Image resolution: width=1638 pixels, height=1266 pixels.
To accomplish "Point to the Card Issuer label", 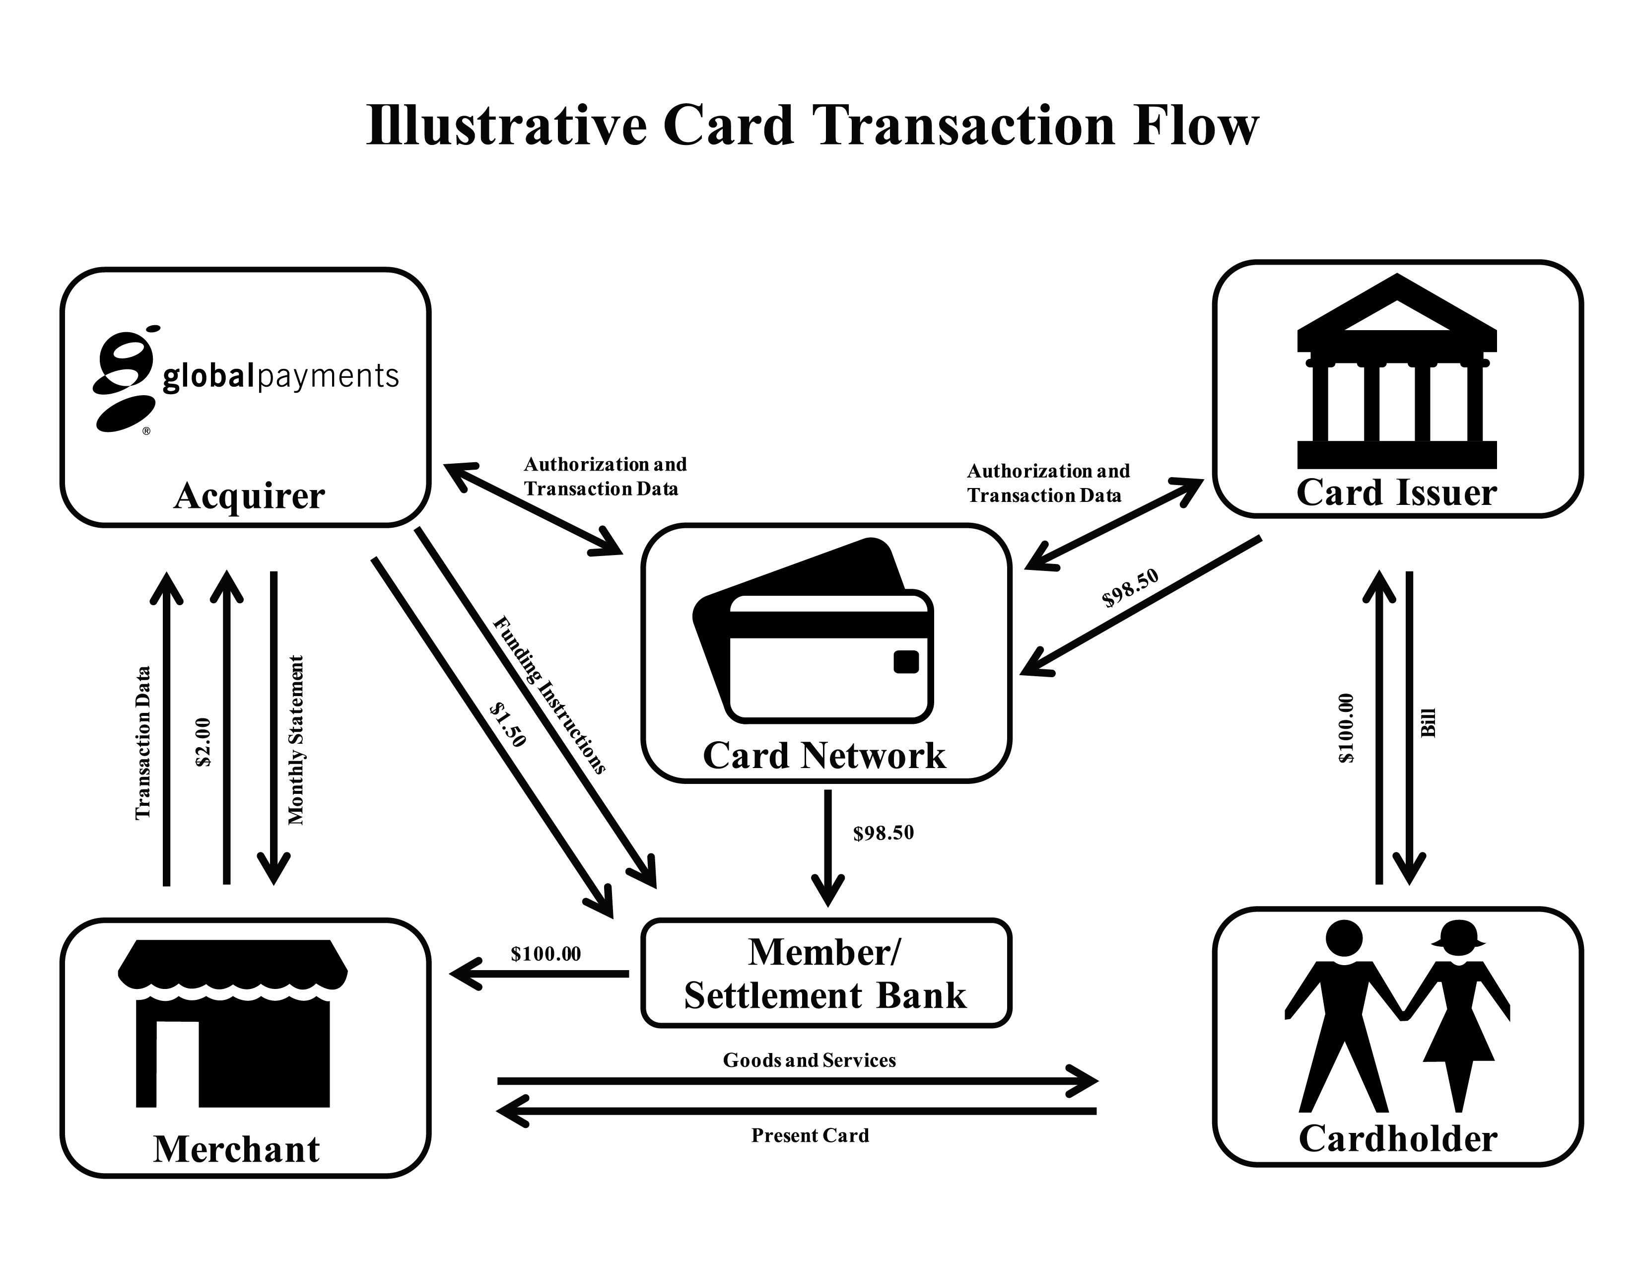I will pyautogui.click(x=1396, y=493).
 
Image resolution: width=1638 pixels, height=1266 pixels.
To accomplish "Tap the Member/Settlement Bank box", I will pyautogui.click(x=826, y=973).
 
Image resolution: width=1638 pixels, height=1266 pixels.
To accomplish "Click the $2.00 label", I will pyautogui.click(x=203, y=743).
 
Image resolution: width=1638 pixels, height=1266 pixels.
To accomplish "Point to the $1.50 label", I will pyautogui.click(x=508, y=724).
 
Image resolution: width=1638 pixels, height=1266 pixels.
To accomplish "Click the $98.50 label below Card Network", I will pyautogui.click(x=884, y=833).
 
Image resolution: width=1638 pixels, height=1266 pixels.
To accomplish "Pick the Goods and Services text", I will pyautogui.click(x=809, y=1060).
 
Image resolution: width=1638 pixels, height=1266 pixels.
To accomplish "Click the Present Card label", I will pyautogui.click(x=810, y=1135).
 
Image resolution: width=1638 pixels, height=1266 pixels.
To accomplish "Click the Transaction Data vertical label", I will pyautogui.click(x=142, y=743).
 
